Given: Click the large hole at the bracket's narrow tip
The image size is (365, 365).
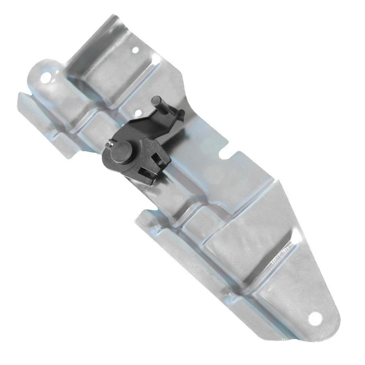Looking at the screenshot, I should pos(314,319).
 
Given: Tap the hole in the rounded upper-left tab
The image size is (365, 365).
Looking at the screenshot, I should pos(46,77).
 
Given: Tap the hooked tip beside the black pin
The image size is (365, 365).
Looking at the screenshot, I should pos(181,114).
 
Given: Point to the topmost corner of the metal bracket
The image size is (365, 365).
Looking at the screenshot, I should pos(116,16).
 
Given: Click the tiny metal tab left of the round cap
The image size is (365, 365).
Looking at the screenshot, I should pos(109,145).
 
